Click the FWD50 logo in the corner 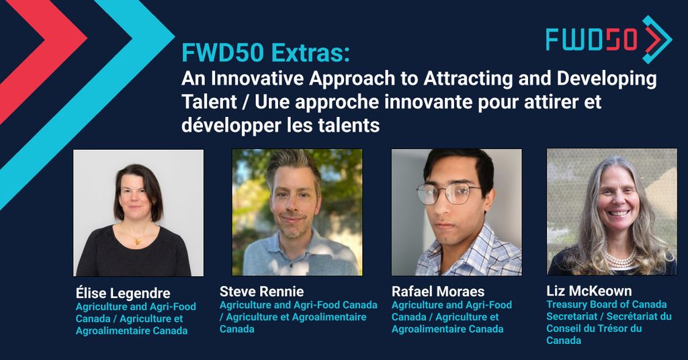[x=609, y=39]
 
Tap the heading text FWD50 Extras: [x=265, y=53]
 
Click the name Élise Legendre [x=123, y=294]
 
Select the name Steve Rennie [x=261, y=291]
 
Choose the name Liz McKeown [x=589, y=291]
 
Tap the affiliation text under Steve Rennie [x=298, y=317]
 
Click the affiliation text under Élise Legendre [x=136, y=319]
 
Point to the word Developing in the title [x=608, y=79]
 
